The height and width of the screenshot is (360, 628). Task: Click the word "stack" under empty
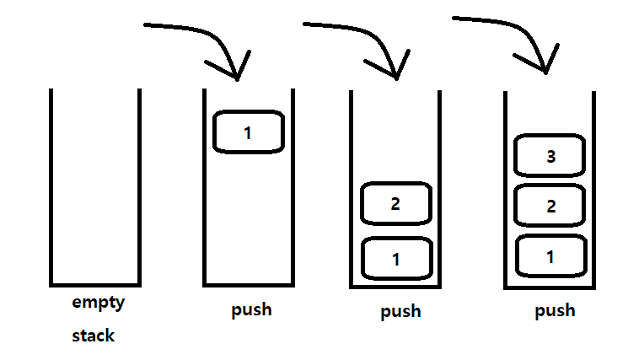click(93, 336)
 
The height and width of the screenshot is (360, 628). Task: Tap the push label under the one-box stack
click(251, 309)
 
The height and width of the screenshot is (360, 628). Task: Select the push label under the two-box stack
click(400, 312)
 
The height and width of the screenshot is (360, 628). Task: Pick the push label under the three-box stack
click(555, 310)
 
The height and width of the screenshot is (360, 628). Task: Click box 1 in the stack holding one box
click(248, 132)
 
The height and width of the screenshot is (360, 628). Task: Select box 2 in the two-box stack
click(396, 204)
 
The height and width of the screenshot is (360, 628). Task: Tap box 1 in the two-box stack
click(396, 258)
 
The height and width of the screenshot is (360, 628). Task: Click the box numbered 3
click(550, 157)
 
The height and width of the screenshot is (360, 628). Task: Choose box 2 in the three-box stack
click(550, 206)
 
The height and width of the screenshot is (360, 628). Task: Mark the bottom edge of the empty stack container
click(94, 285)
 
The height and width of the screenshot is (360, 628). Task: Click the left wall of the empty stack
click(51, 185)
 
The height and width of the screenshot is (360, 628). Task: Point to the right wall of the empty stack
click(137, 185)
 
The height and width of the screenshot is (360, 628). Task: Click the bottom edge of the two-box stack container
click(396, 287)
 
